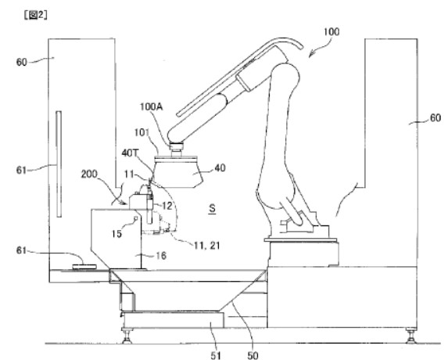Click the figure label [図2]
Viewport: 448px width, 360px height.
tap(35, 15)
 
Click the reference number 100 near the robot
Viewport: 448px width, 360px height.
tap(332, 31)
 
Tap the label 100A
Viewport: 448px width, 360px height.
tap(151, 106)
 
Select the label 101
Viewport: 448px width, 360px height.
tap(142, 132)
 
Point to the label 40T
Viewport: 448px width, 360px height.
tap(130, 153)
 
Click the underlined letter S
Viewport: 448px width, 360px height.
tap(212, 208)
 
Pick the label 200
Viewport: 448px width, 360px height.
tap(89, 175)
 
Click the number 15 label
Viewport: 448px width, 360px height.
tap(116, 234)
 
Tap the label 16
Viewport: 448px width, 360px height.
tap(161, 255)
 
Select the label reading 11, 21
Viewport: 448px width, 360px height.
tap(207, 245)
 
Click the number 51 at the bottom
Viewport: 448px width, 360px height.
tap(216, 355)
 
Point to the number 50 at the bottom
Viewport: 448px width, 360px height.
tap(253, 355)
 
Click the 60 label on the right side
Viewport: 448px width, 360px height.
tap(435, 118)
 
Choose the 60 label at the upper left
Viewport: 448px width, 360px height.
tap(22, 62)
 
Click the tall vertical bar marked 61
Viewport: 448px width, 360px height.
tap(59, 164)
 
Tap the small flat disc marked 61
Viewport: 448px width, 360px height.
tap(84, 267)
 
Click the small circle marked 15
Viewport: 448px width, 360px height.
tap(136, 218)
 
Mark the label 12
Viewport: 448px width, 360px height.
tap(167, 206)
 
